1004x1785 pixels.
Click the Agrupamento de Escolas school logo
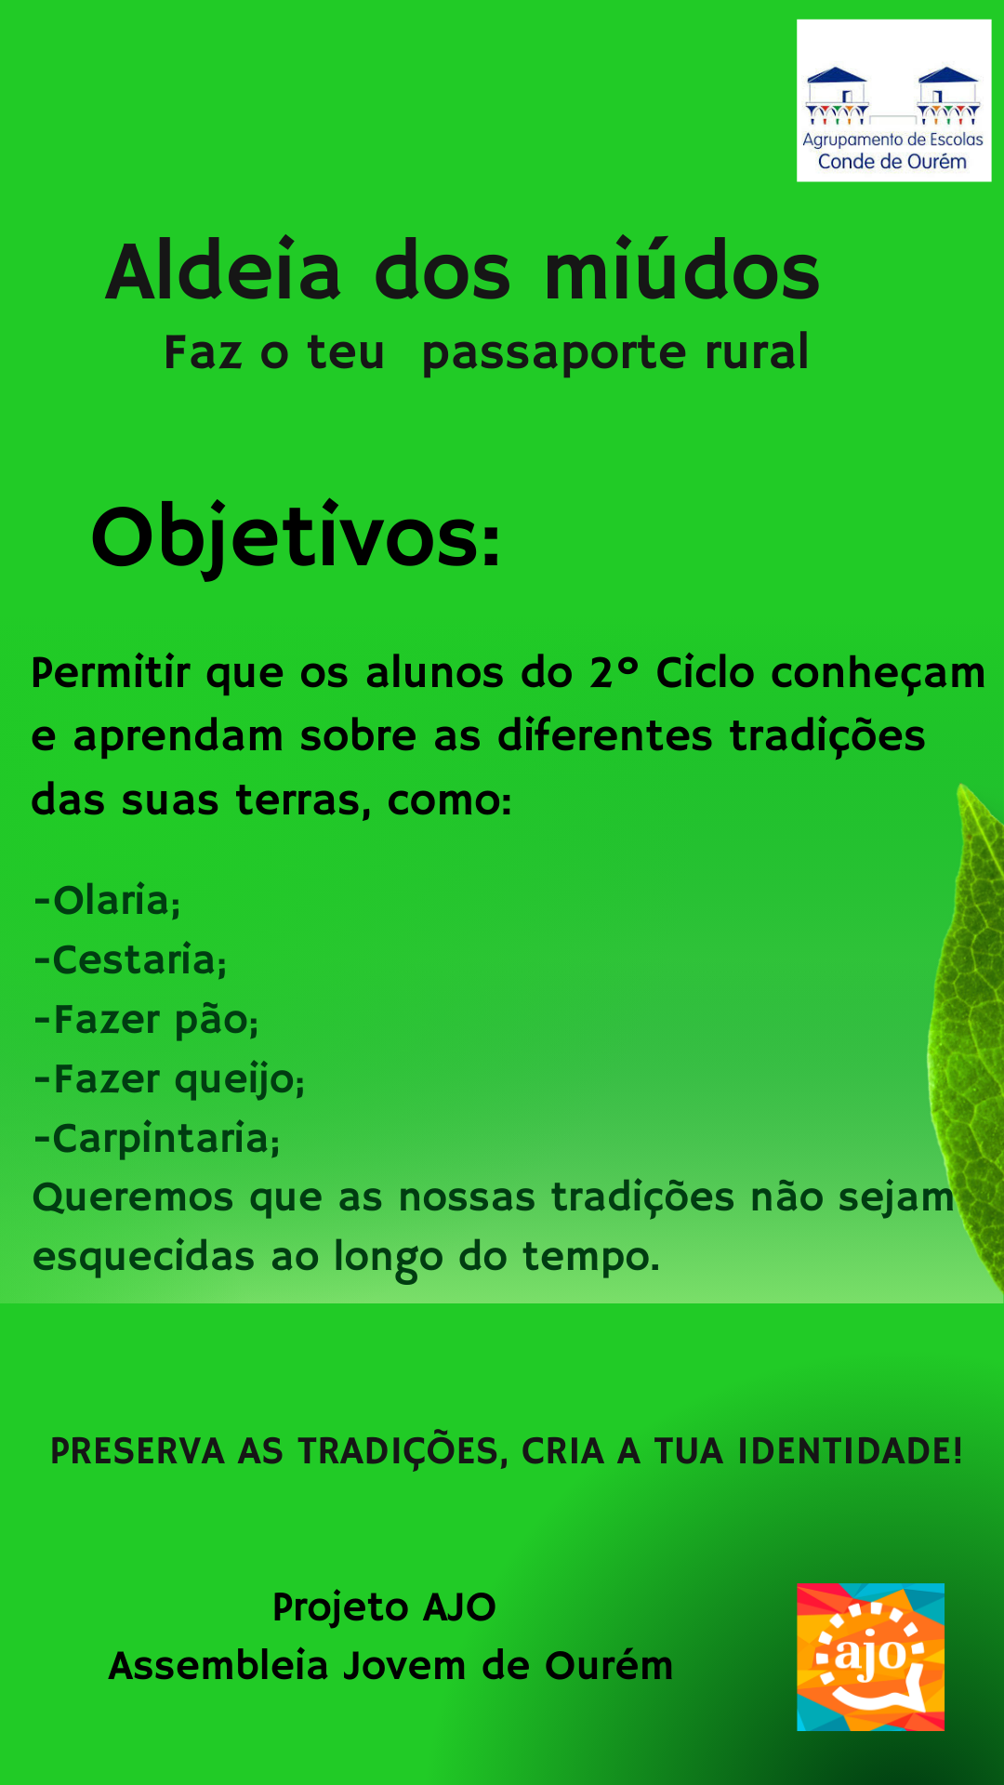coord(893,100)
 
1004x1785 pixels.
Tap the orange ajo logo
coord(870,1657)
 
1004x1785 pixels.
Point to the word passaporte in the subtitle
coord(554,354)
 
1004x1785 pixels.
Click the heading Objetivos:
coord(297,538)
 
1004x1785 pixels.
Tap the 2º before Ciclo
coord(614,671)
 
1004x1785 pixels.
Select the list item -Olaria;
coord(107,901)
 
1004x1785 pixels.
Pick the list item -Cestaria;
coord(130,960)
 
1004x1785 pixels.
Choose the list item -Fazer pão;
coord(146,1020)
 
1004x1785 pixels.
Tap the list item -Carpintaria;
coord(156,1139)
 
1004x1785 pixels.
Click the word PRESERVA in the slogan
coord(138,1451)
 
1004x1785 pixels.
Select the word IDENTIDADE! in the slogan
coord(850,1451)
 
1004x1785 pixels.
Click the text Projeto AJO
coord(384,1607)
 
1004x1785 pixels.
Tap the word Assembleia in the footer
coord(218,1666)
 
